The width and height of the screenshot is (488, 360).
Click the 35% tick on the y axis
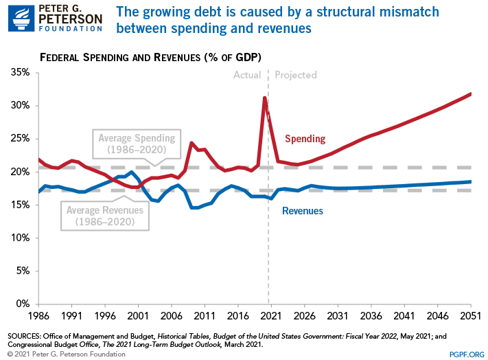click(19, 72)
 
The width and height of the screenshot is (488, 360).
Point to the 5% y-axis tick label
click(21, 271)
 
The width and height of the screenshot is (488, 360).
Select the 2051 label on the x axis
click(470, 317)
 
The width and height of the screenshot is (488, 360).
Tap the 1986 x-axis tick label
click(39, 317)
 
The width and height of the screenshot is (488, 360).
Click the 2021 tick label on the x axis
click(269, 317)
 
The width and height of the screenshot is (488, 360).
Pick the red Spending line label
click(305, 139)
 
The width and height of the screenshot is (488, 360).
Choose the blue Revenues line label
click(303, 211)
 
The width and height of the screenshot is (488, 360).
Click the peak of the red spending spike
click(264, 98)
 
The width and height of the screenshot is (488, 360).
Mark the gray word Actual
click(248, 75)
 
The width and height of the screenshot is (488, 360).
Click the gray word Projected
click(296, 75)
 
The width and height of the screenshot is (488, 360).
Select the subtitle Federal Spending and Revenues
click(151, 56)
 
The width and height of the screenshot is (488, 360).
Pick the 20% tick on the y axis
click(19, 172)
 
